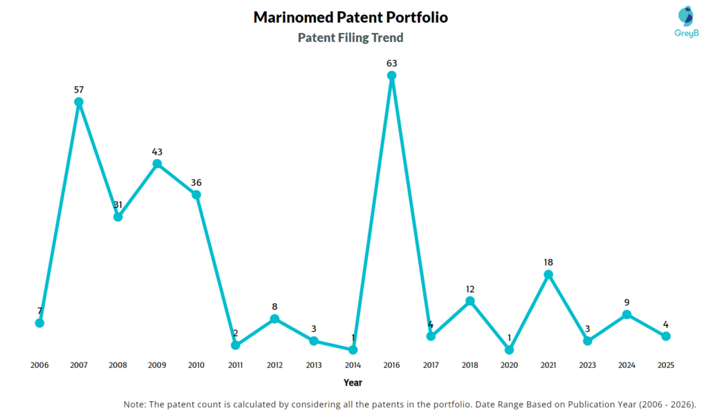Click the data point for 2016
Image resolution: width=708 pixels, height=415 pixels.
(x=391, y=76)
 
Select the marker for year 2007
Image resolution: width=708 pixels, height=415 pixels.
(x=79, y=102)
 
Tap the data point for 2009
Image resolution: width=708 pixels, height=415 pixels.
(x=157, y=164)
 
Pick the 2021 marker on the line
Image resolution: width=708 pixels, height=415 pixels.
(x=548, y=275)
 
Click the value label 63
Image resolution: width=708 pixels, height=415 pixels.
(x=391, y=64)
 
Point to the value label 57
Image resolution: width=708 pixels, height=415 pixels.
(x=79, y=90)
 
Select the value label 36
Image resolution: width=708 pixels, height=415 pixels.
(x=196, y=182)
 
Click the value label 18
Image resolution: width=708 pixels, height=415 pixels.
(x=548, y=262)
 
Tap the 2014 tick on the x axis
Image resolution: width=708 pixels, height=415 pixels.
(x=353, y=365)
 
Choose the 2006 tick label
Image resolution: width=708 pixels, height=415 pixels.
(x=40, y=365)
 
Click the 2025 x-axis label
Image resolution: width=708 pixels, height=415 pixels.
(x=665, y=365)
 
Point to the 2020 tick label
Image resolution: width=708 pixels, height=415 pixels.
(x=509, y=365)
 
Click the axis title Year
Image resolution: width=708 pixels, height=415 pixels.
(x=353, y=383)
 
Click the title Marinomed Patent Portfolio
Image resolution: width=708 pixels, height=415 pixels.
(x=351, y=17)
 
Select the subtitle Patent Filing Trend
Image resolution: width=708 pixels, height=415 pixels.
(x=351, y=38)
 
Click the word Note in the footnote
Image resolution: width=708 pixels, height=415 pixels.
(x=135, y=404)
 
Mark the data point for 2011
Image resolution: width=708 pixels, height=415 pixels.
(x=235, y=345)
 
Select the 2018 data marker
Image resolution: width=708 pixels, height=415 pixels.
(x=470, y=301)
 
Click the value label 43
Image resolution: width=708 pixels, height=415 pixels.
(x=157, y=151)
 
